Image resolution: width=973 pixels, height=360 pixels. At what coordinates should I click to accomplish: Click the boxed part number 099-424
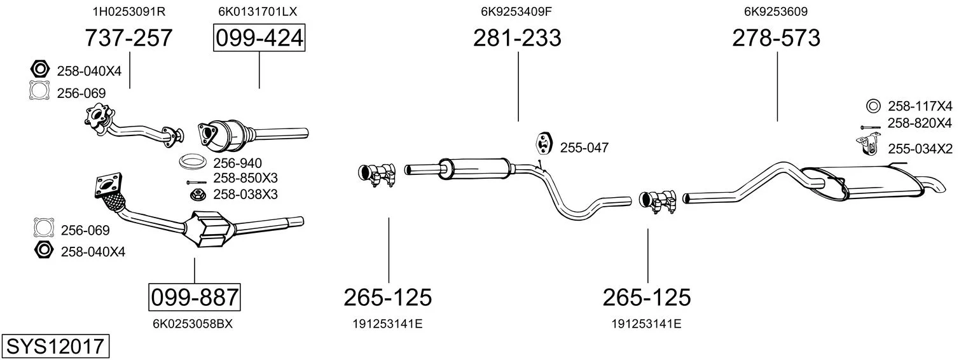[x=259, y=38]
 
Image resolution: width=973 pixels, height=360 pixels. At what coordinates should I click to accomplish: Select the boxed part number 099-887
[x=195, y=298]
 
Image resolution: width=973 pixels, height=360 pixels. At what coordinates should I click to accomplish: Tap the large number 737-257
[x=128, y=38]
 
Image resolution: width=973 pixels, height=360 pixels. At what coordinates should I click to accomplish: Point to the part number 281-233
[x=517, y=38]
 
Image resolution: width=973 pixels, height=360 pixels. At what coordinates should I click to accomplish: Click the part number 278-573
[x=776, y=38]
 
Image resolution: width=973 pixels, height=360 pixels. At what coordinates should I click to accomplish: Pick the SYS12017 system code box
[x=55, y=346]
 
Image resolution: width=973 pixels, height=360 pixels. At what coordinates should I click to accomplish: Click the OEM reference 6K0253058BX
[x=193, y=324]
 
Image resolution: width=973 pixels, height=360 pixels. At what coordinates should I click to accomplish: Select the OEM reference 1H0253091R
[x=129, y=11]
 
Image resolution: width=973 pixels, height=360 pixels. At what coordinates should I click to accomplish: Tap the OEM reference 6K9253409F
[x=516, y=11]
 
